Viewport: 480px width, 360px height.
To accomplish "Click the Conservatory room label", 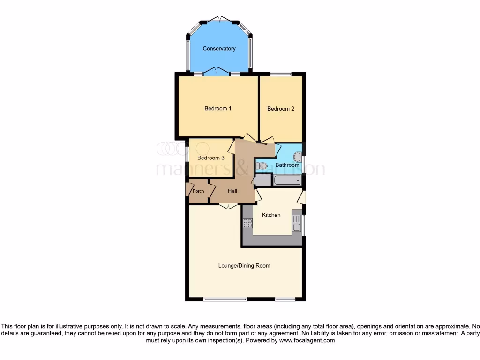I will point(219,49).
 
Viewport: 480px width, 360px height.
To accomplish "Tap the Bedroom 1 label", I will point(218,109).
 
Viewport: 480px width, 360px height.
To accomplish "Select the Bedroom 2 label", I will point(281,109).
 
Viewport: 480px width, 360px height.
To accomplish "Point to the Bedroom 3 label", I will point(210,158).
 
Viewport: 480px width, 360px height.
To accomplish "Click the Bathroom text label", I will point(287,165).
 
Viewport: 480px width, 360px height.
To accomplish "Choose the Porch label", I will point(198,191).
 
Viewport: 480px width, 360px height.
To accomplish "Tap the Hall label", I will point(232,191).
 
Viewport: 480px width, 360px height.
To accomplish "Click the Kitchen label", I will point(271,215).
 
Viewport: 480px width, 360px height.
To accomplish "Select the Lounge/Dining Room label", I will point(244,266).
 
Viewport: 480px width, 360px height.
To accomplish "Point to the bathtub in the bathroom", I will point(287,180).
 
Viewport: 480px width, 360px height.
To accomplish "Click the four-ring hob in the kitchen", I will point(247,224).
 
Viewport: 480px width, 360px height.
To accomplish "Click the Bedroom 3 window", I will point(187,155).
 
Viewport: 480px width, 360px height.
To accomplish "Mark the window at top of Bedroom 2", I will point(280,74).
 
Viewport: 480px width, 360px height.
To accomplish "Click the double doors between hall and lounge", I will point(228,206).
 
